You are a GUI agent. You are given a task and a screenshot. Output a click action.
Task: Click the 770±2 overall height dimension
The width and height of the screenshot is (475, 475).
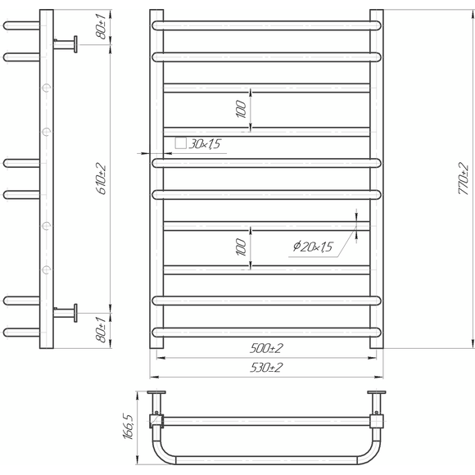(x=464, y=179)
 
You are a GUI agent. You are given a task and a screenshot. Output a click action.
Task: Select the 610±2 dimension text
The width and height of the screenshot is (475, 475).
(x=101, y=179)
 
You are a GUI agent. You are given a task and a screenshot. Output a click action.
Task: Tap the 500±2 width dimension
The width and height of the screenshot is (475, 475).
(x=266, y=348)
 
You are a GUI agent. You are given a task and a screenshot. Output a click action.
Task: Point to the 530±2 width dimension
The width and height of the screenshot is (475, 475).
(x=266, y=368)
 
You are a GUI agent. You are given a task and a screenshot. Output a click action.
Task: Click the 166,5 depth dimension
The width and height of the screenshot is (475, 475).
(x=128, y=427)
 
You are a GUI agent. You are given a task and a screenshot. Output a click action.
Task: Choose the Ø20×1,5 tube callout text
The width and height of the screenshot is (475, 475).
(x=313, y=247)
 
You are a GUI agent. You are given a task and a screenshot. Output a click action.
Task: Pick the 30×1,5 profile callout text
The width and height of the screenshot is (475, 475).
(x=205, y=144)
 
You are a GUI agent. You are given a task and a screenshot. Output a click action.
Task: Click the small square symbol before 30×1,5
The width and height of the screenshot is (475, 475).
(x=180, y=143)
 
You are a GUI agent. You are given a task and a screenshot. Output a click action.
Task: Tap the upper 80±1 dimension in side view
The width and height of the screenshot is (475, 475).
(x=102, y=27)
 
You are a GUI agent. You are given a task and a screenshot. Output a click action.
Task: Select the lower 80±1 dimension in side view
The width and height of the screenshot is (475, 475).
(x=102, y=330)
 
